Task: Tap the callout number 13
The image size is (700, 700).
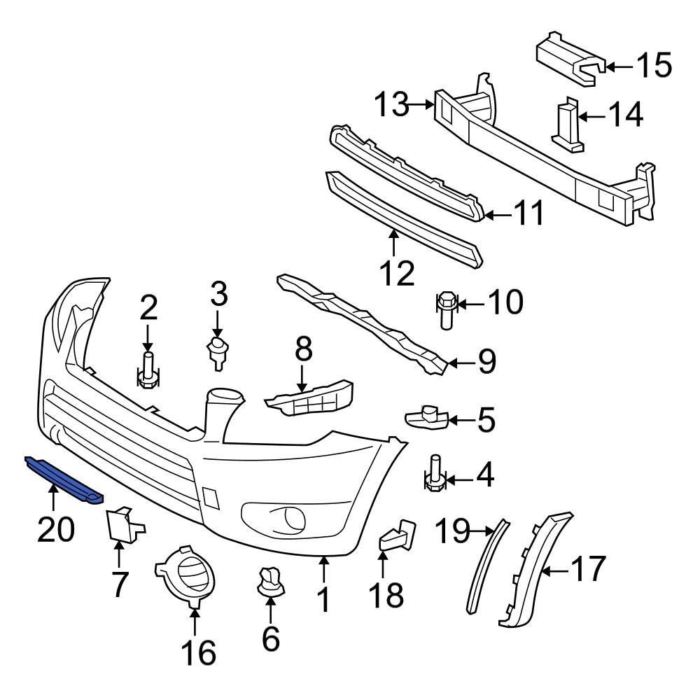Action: click(x=390, y=106)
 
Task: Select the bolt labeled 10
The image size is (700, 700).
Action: click(x=445, y=312)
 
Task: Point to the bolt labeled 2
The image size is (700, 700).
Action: click(x=148, y=371)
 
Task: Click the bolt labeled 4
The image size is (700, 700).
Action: click(x=434, y=472)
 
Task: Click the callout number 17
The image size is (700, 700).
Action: click(x=586, y=570)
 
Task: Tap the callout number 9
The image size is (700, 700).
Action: click(x=478, y=361)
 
